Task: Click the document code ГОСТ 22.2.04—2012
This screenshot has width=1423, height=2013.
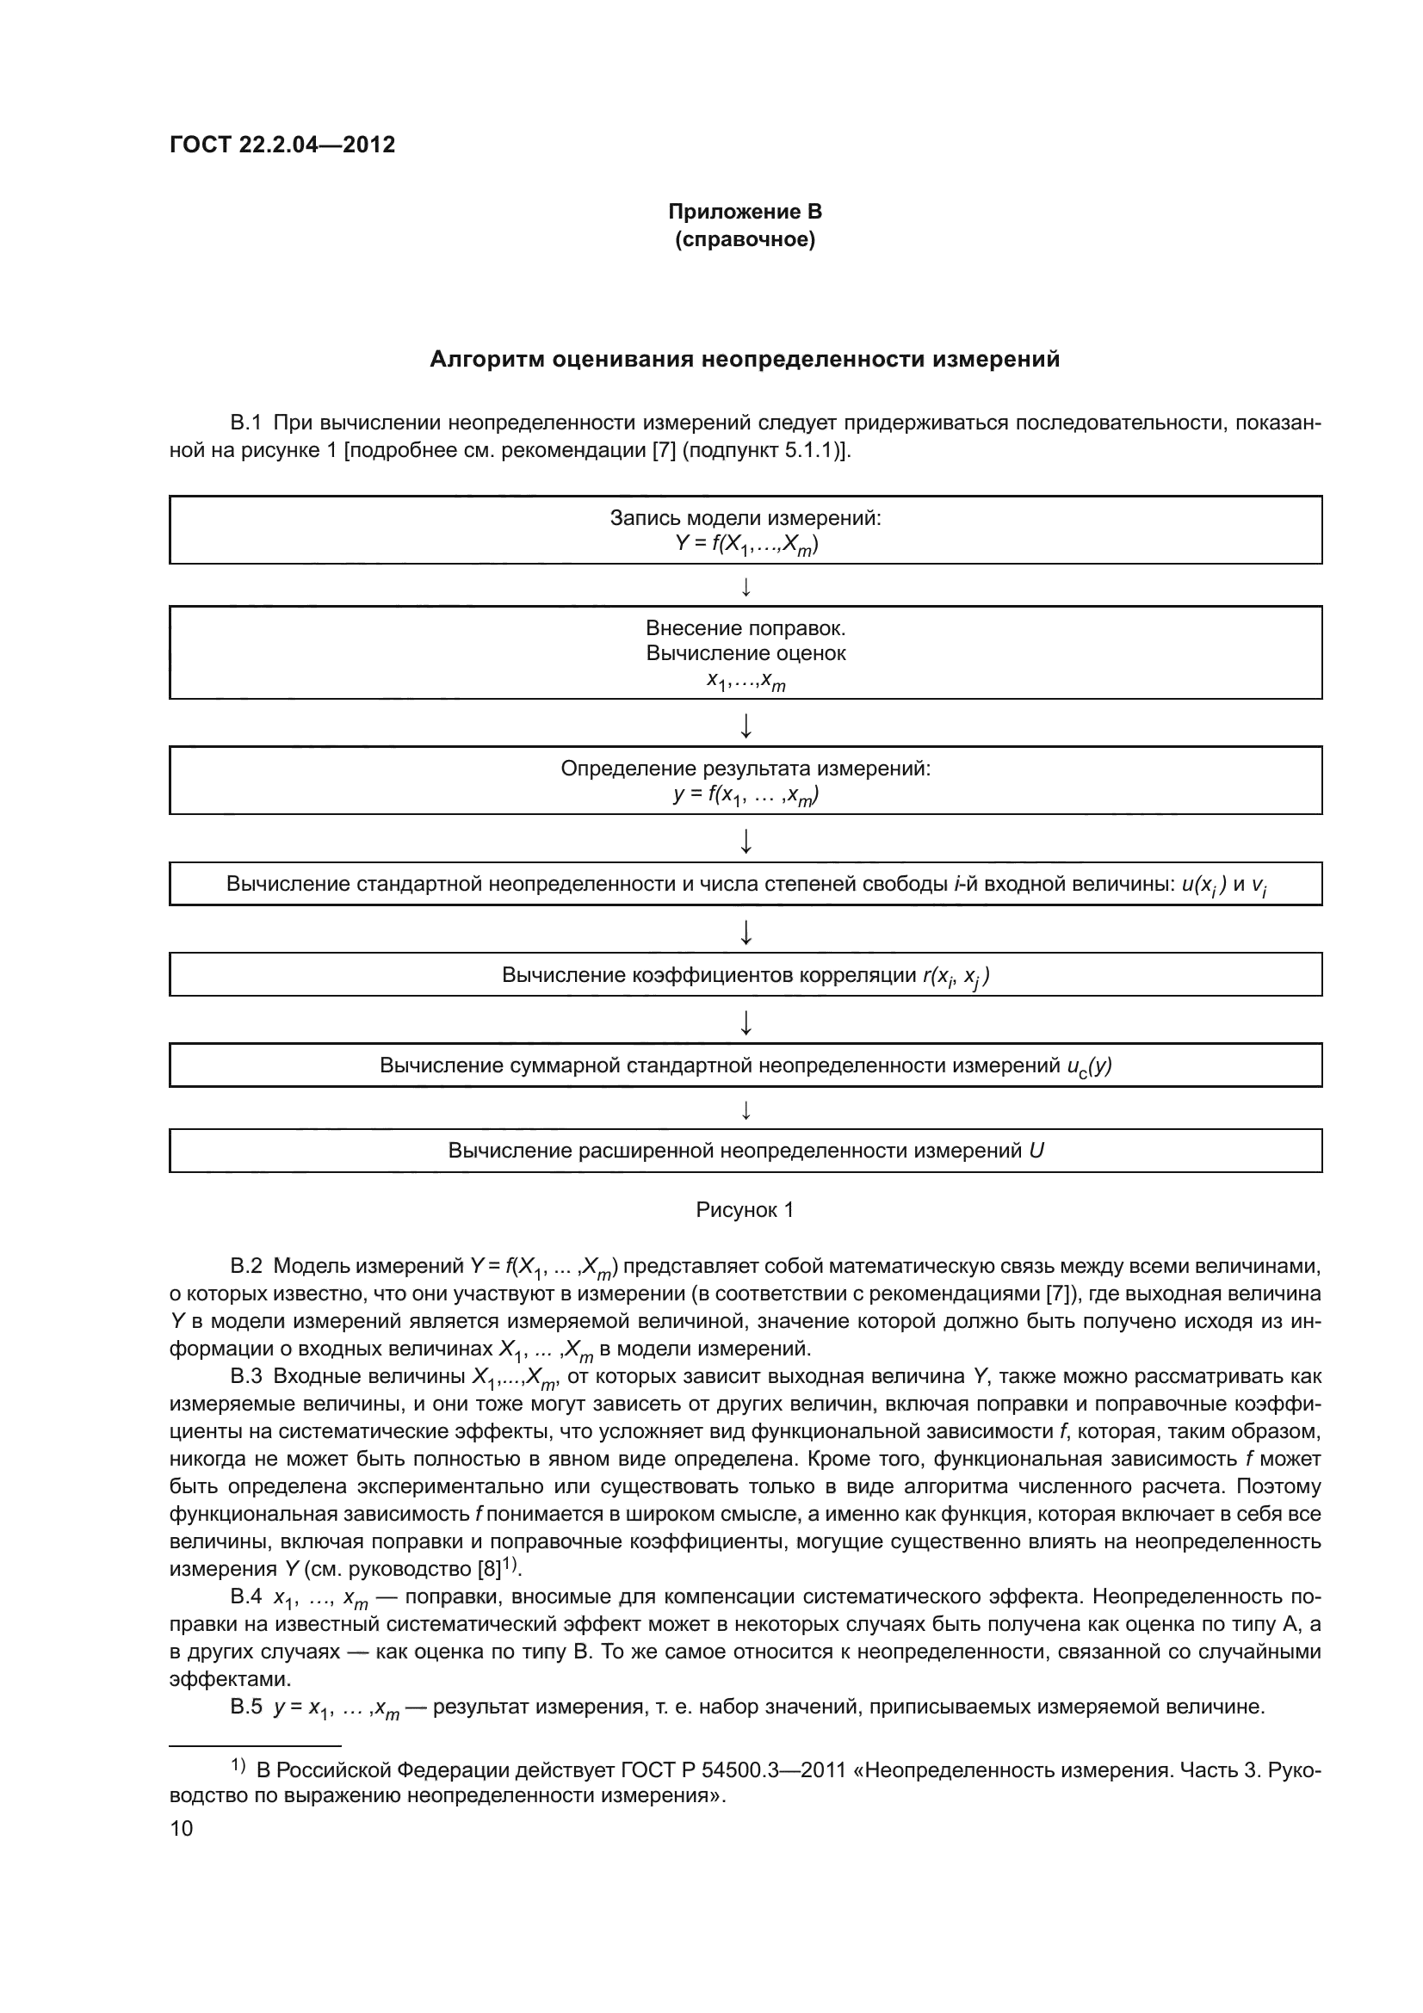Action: [x=282, y=145]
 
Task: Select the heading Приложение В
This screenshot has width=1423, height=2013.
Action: [x=745, y=212]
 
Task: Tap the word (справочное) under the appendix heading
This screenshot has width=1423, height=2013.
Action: [x=745, y=239]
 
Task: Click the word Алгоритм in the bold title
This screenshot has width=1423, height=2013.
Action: [x=486, y=360]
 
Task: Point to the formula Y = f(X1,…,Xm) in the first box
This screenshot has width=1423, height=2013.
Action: [x=746, y=545]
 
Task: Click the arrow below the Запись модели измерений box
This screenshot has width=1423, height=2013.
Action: [x=746, y=587]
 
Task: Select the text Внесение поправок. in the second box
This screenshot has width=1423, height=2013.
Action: [x=746, y=627]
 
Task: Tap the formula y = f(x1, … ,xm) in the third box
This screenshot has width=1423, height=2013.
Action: [x=746, y=794]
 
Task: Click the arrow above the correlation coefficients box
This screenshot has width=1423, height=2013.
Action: [x=746, y=932]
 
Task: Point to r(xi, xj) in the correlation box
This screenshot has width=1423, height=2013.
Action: [x=956, y=976]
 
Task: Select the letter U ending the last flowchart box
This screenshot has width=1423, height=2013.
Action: [x=1036, y=1151]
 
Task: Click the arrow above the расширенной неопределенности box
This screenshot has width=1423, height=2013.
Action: [x=746, y=1111]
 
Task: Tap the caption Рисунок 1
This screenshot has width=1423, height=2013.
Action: [x=745, y=1210]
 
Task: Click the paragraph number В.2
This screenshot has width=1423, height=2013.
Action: [x=245, y=1266]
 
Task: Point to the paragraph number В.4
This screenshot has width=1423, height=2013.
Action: [x=245, y=1596]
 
